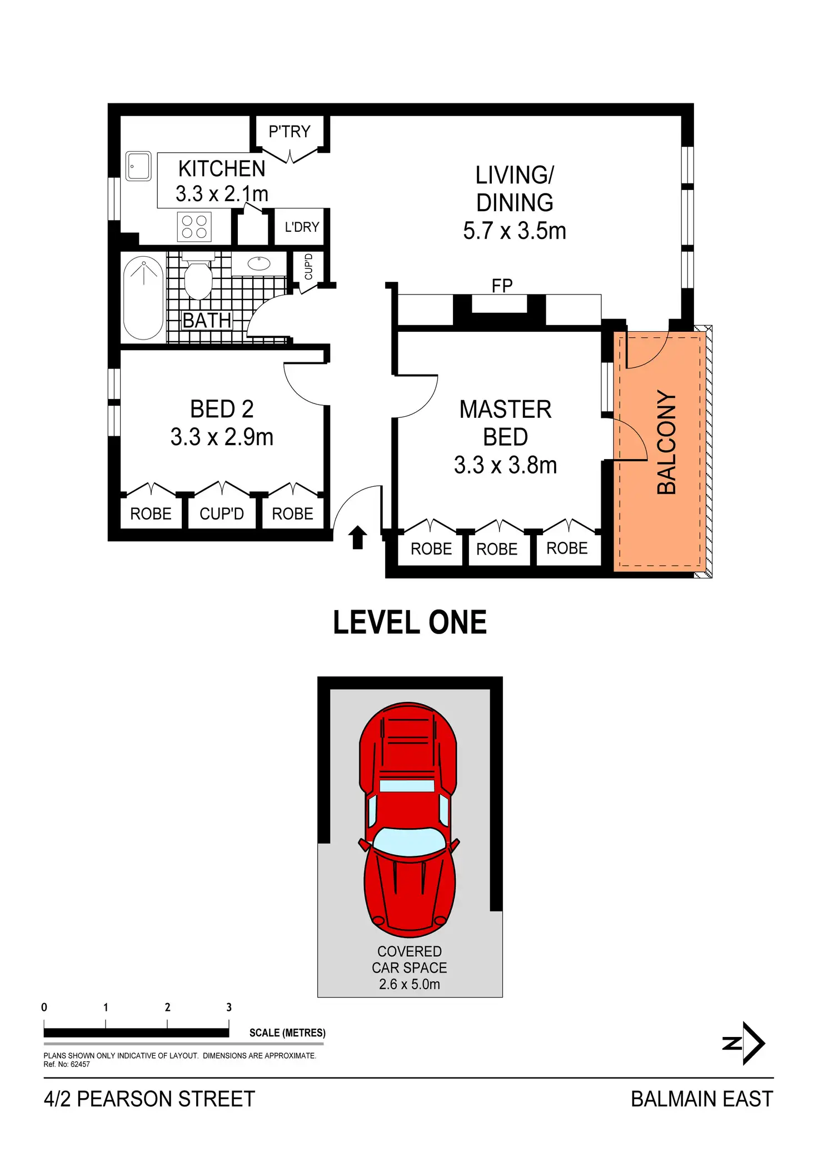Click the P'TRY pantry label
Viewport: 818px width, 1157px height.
tap(289, 132)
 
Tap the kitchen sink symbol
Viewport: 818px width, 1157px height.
tap(138, 166)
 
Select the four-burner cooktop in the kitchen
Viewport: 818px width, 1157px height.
tap(194, 227)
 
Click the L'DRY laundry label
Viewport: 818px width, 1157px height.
tap(302, 227)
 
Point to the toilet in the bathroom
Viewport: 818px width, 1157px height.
tap(198, 279)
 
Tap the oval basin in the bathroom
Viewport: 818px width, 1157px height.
tap(258, 263)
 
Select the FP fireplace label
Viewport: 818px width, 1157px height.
tap(502, 286)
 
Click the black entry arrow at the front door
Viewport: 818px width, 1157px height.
tap(358, 537)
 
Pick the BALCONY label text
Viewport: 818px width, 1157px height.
tap(666, 442)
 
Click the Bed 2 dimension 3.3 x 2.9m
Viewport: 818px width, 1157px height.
tap(222, 437)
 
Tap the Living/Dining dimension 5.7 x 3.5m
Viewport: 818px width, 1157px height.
tap(515, 231)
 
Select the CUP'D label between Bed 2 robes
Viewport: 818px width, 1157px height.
tap(222, 514)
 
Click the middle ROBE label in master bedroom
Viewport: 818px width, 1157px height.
tap(497, 549)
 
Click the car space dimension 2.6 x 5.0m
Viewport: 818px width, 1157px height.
tap(410, 984)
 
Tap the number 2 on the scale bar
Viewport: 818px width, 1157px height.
tap(167, 1008)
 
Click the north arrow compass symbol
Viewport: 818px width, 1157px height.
tap(746, 1043)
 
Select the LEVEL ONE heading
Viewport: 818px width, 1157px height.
tap(410, 622)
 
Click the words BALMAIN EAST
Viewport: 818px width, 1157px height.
tap(702, 1099)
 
